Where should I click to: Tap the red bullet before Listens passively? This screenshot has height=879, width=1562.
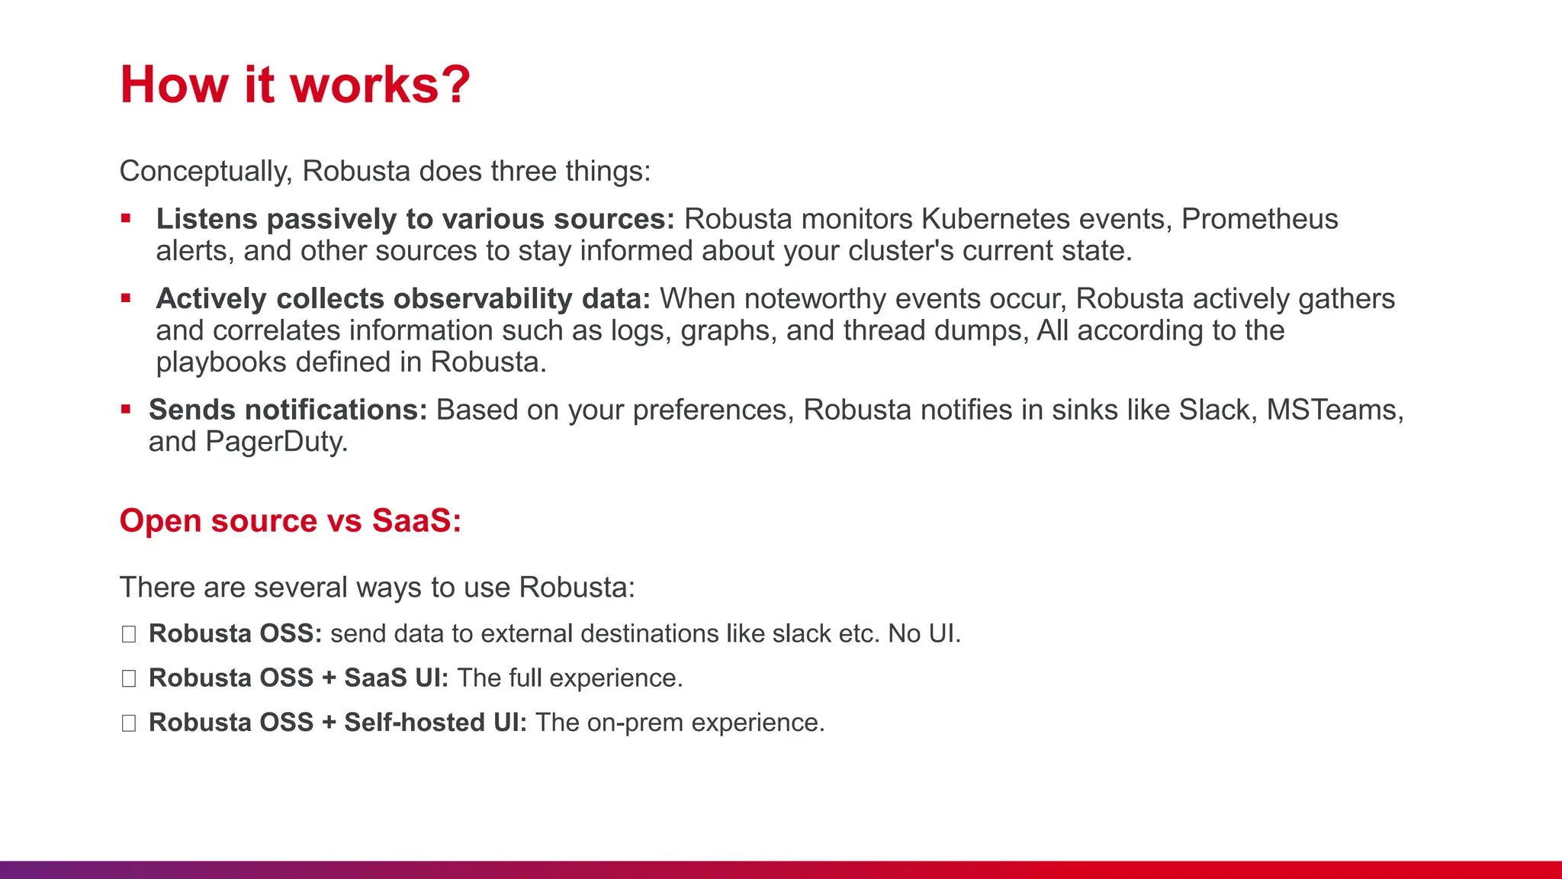coord(127,219)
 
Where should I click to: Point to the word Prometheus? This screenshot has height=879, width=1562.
coord(1259,219)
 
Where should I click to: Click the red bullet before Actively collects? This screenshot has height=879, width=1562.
coord(127,298)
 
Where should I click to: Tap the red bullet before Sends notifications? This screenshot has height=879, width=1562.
coord(127,410)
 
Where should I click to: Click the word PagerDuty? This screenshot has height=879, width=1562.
coord(275,442)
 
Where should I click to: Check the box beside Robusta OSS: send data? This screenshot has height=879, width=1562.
coord(129,634)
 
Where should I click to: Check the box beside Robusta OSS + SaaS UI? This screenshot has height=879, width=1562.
coord(129,678)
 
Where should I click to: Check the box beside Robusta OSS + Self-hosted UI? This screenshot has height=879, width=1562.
coord(129,723)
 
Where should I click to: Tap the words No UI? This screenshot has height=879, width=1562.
coord(923,634)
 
